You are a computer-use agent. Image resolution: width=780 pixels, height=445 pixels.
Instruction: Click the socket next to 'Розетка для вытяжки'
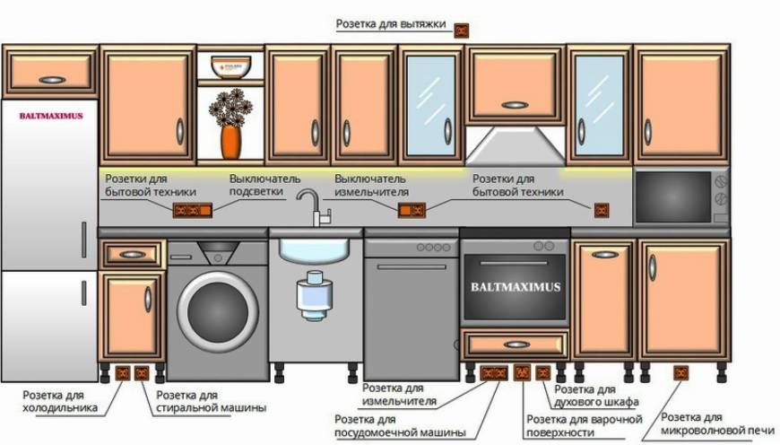coord(461,31)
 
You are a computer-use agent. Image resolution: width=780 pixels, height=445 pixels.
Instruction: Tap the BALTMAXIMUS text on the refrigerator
coord(51,116)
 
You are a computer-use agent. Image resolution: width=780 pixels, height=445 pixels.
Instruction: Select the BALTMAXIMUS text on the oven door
coord(516,287)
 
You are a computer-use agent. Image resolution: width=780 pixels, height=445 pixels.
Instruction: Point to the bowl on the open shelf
coord(230,66)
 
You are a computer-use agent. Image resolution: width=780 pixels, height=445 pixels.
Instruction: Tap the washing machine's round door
coord(218,311)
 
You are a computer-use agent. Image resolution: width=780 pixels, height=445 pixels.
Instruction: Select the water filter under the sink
coord(314,296)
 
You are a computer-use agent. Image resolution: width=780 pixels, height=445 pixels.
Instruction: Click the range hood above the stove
coord(516,145)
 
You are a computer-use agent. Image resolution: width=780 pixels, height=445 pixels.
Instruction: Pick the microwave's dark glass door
coord(673,197)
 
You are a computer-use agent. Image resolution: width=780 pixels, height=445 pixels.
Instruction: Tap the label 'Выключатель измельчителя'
coord(371,185)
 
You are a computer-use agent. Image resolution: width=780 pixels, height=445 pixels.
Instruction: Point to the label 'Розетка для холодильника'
coord(60,402)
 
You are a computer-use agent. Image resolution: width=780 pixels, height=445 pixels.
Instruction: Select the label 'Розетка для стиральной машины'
coord(211,402)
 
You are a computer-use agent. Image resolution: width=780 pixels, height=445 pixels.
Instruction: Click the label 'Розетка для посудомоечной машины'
coord(400,426)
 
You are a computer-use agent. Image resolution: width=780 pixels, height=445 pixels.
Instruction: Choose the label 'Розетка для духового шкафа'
coord(596,396)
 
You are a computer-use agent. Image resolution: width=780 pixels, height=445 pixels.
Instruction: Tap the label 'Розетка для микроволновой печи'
coord(717,423)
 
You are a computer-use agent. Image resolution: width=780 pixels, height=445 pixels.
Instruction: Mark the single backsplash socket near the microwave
coord(602,211)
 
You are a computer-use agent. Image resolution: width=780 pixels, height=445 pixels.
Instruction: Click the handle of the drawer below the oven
coord(516,345)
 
